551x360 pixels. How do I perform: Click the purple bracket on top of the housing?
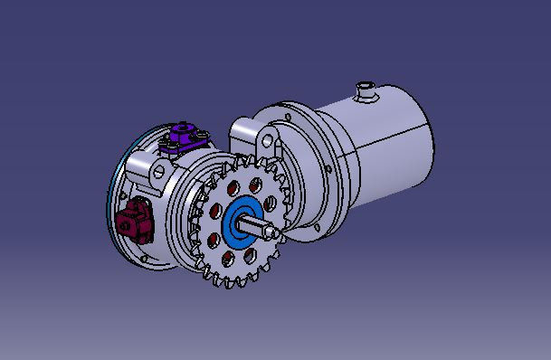tap(186, 139)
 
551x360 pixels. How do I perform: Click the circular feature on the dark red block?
tap(128, 220)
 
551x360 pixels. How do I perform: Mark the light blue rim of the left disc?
tap(112, 208)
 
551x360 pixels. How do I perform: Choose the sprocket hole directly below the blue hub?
tap(238, 255)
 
